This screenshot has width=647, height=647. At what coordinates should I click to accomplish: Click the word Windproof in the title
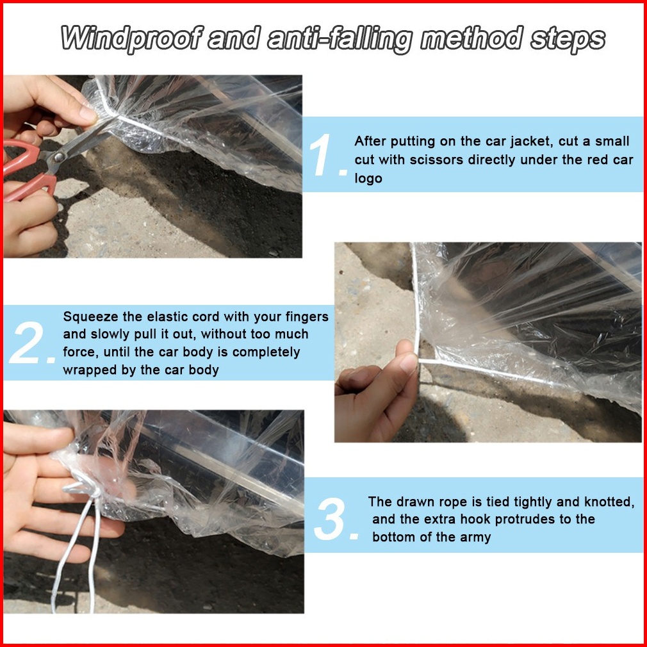coord(132,38)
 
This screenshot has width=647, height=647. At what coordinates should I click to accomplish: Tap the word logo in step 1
coord(368,179)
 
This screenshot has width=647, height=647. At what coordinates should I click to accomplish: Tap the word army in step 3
coord(475,537)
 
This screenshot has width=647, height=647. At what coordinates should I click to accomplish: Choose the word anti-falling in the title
coord(340,40)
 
